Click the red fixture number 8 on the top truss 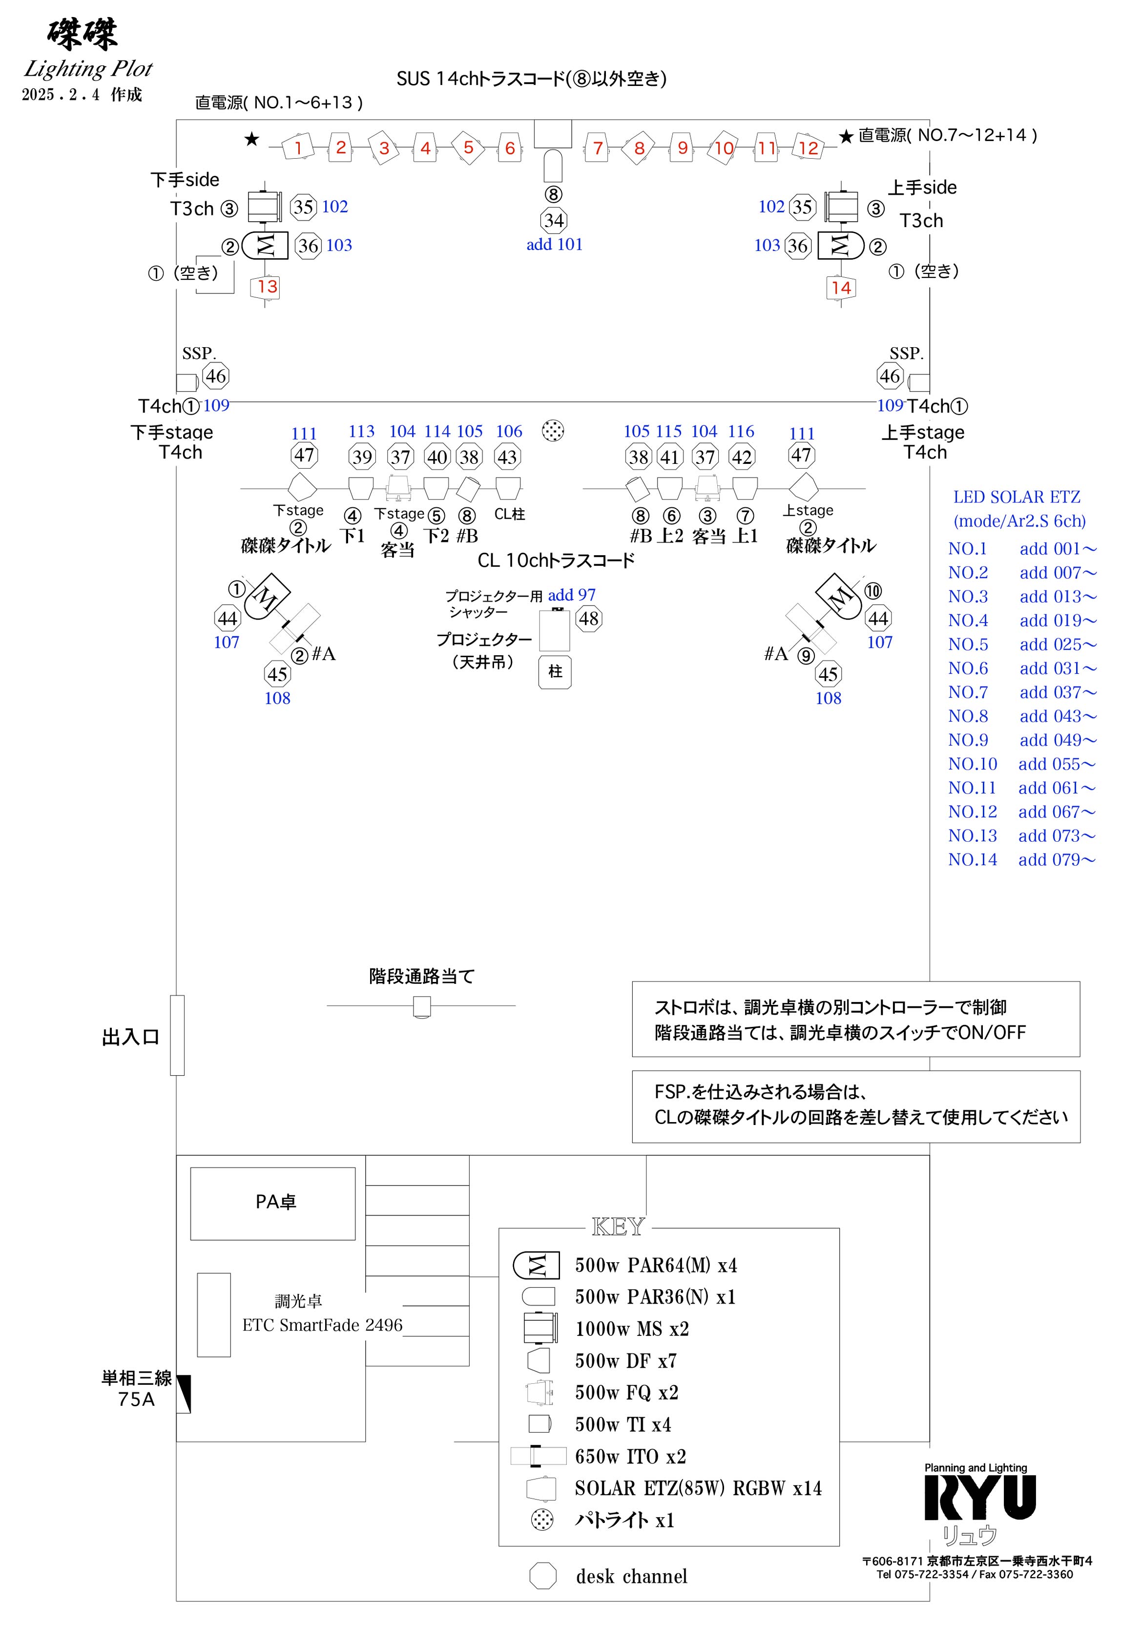(639, 148)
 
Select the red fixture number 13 (267, 287)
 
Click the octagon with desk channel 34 (554, 221)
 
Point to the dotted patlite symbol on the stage (554, 431)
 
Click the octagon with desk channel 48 (589, 619)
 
